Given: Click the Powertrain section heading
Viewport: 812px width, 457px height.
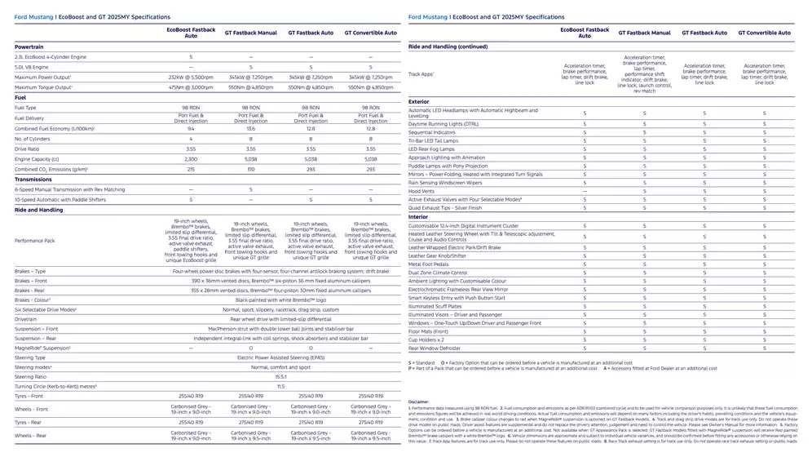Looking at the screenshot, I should pyautogui.click(x=29, y=47).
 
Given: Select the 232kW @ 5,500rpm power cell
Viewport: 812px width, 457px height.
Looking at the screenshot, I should pyautogui.click(x=191, y=77).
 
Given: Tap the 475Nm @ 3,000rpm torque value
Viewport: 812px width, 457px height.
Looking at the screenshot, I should pyautogui.click(x=191, y=87).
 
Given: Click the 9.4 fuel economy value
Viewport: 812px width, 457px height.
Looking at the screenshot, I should pyautogui.click(x=191, y=128).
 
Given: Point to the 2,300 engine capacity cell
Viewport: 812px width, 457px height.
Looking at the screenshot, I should pyautogui.click(x=191, y=159).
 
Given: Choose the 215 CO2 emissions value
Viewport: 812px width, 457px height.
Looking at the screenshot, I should pyautogui.click(x=191, y=169).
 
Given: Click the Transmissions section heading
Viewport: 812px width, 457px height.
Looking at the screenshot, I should pyautogui.click(x=33, y=180).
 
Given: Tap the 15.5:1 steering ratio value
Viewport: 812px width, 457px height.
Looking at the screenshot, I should pyautogui.click(x=280, y=376).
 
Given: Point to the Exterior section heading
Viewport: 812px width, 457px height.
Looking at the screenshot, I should pyautogui.click(x=418, y=101).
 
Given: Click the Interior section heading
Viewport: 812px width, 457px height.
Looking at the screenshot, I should pyautogui.click(x=417, y=217).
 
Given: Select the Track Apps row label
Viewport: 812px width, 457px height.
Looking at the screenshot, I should pyautogui.click(x=421, y=74).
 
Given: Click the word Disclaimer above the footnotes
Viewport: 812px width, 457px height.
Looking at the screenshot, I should pyautogui.click(x=419, y=402).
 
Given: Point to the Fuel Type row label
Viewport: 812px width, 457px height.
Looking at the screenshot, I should pyautogui.click(x=25, y=108).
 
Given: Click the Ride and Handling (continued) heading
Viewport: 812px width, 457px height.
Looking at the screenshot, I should pyautogui.click(x=448, y=47).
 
